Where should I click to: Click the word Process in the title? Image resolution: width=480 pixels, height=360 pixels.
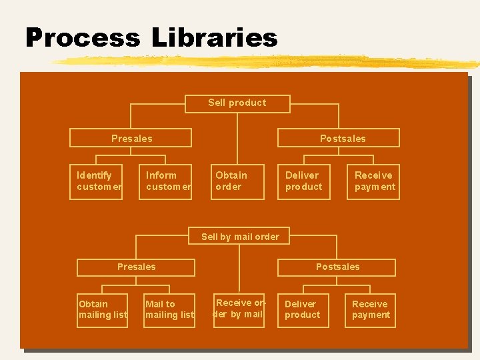point(82,37)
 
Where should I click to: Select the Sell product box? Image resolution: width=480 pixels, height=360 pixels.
point(237,103)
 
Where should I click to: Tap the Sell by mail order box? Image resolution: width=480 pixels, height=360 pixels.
point(240,237)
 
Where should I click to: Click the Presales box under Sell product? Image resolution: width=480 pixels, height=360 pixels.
point(131,139)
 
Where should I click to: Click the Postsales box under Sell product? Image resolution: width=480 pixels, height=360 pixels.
point(343,139)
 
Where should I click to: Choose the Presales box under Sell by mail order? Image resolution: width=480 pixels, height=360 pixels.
point(136,267)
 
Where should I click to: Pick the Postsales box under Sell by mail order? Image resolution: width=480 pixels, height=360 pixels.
point(337,267)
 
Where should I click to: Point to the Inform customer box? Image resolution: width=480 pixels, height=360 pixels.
point(169,181)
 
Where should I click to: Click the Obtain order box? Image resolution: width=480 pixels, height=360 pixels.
point(238,181)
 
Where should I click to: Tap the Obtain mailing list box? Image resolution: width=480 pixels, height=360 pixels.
point(103,310)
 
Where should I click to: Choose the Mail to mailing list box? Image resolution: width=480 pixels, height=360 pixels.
point(169,310)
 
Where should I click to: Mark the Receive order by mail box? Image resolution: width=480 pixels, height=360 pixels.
point(239,309)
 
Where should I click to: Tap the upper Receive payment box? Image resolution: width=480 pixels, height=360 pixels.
point(375,181)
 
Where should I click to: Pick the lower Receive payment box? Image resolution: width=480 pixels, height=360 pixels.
point(371,310)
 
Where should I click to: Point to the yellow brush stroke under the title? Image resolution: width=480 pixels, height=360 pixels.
point(267,62)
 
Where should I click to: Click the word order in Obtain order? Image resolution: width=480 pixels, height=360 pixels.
point(229,187)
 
